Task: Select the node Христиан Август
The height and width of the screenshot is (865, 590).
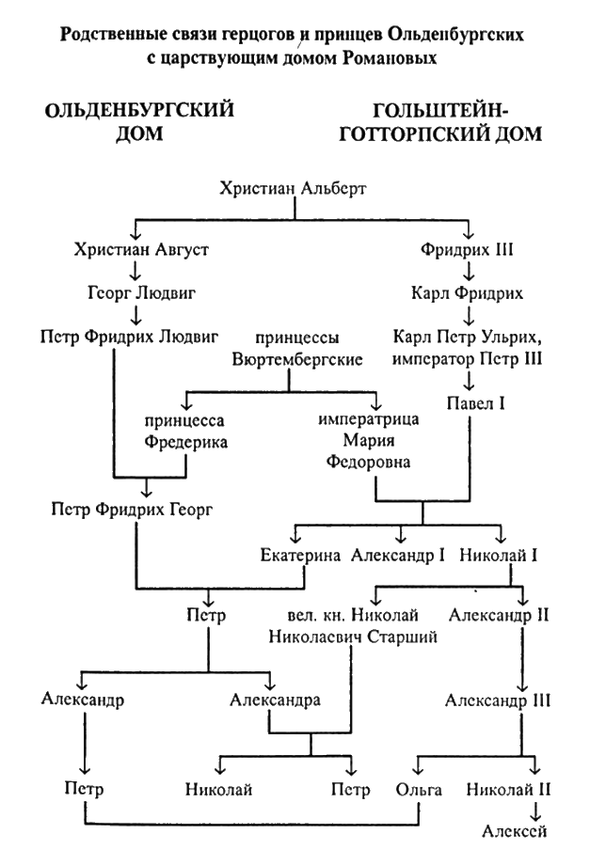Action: [140, 251]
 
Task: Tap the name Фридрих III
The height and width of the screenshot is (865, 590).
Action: [468, 251]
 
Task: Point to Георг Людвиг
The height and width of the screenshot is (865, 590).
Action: [140, 293]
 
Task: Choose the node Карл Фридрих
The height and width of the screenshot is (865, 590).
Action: [467, 293]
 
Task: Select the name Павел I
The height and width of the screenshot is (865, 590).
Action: [476, 403]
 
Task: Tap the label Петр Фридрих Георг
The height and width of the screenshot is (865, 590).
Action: [133, 511]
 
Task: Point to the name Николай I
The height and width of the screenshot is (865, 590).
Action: [498, 555]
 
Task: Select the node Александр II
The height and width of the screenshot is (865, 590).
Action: [499, 616]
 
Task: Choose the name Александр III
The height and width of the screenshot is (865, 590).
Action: [499, 700]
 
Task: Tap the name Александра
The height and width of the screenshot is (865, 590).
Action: [275, 700]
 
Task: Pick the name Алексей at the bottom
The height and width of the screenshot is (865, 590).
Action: [514, 831]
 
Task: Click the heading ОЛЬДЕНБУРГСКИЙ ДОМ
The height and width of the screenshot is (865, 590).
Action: [139, 121]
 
